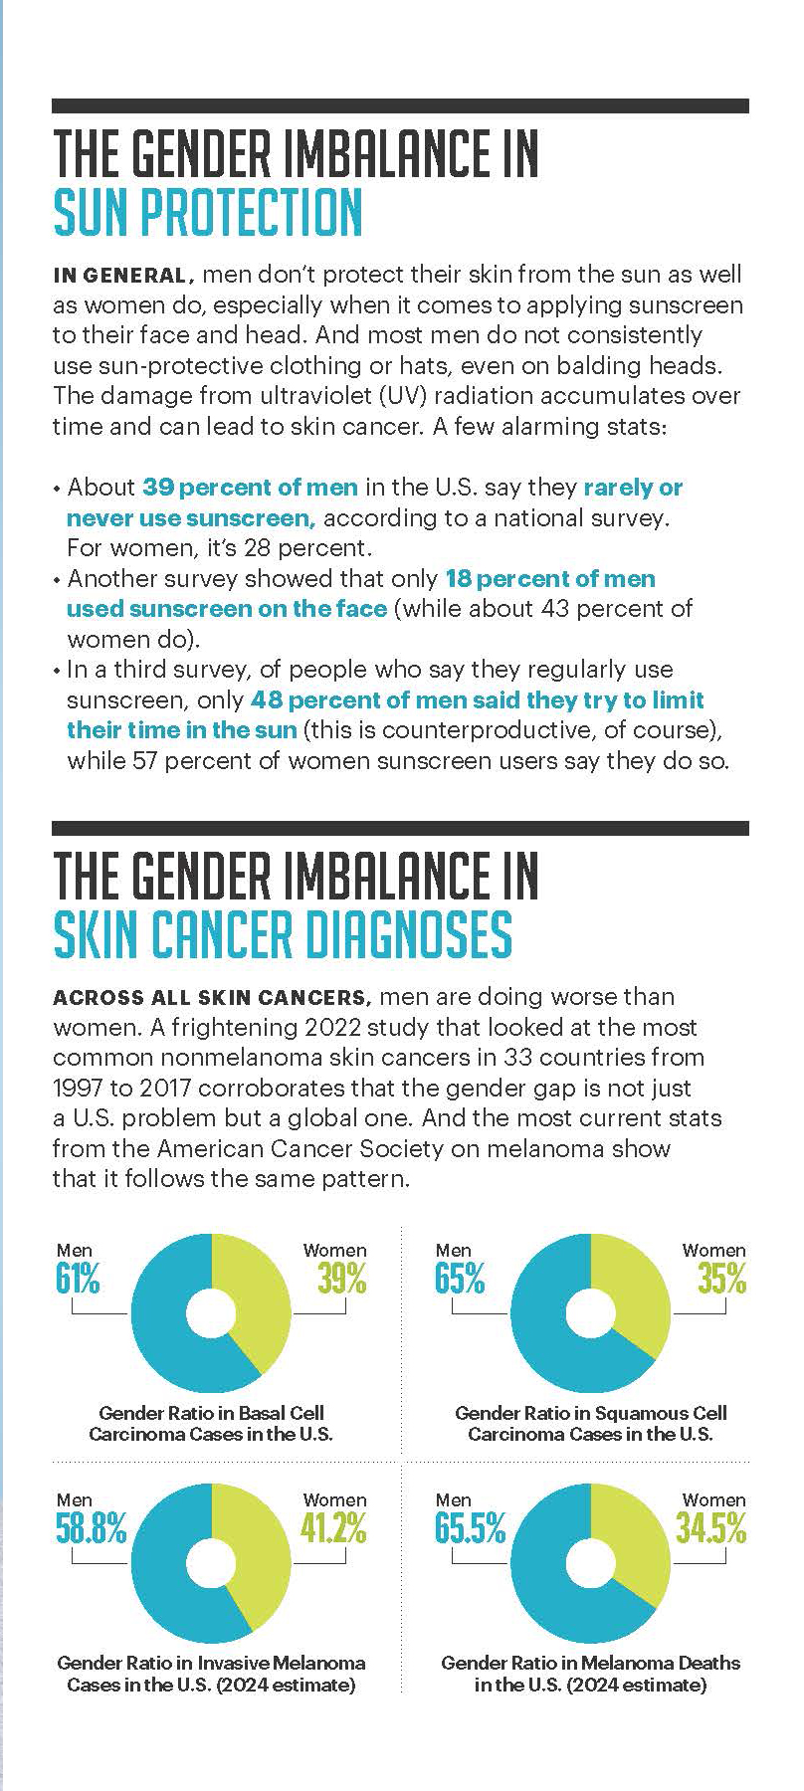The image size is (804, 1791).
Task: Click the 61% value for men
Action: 78,1279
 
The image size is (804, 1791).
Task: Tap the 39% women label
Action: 341,1279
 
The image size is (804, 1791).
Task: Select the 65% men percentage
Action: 460,1279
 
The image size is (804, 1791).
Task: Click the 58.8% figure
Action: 91,1528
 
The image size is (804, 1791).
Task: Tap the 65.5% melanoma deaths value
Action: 470,1528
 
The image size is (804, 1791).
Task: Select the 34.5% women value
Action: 709,1528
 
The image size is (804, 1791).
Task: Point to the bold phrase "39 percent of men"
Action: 250,488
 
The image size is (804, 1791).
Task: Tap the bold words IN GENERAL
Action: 118,275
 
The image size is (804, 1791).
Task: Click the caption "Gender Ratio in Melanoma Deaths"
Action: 590,1663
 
